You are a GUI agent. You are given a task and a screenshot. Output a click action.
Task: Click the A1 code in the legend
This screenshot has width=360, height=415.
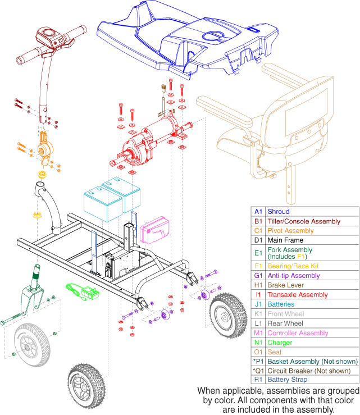[x=258, y=212]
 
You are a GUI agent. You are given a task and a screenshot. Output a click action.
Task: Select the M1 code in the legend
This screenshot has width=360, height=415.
[x=258, y=333]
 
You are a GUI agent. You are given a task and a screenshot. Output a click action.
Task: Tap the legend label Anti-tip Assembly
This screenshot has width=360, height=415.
[x=293, y=276]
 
